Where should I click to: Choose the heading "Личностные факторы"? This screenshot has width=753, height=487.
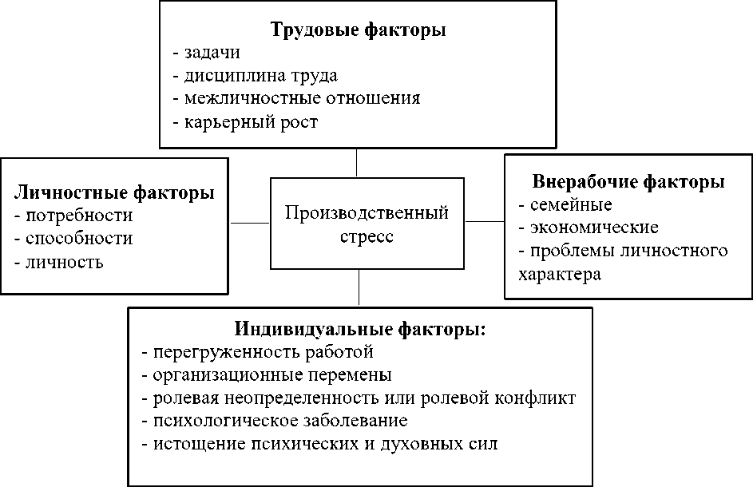114,192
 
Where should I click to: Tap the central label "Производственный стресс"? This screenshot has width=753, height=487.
367,225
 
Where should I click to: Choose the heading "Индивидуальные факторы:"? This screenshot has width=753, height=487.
360,328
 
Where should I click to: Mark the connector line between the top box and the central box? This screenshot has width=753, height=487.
356,163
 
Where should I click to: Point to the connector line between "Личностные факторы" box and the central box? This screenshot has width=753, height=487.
250,223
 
